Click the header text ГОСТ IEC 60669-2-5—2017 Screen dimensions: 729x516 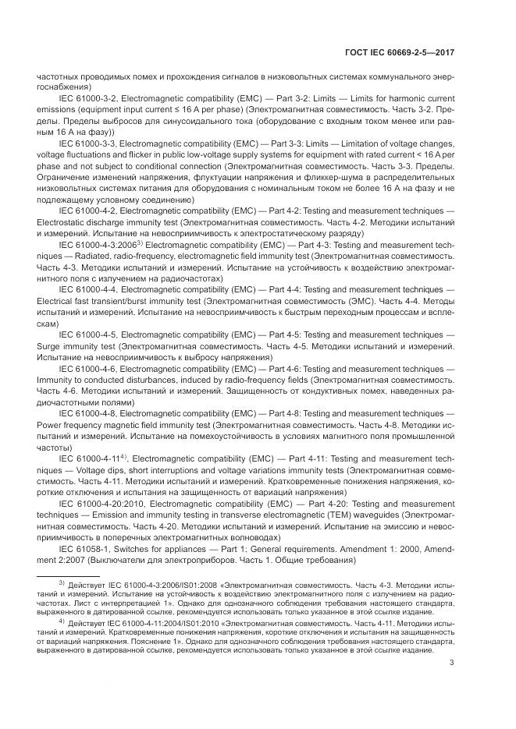tap(400, 52)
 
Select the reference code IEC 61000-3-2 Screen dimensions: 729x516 tap(86, 99)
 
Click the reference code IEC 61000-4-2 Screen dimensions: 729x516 tap(86, 211)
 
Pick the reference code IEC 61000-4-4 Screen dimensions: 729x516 tap(86, 288)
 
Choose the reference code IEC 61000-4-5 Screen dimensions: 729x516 tap(86, 334)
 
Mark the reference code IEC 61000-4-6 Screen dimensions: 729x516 tap(86, 367)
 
